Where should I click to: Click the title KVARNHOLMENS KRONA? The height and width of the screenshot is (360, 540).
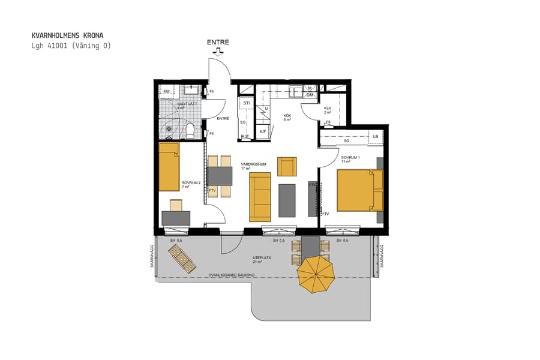pyautogui.click(x=63, y=35)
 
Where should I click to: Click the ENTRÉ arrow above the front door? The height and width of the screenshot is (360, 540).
pyautogui.click(x=217, y=52)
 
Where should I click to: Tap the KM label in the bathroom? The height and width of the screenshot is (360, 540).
pyautogui.click(x=166, y=91)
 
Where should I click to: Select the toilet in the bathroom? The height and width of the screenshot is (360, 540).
pyautogui.click(x=190, y=130)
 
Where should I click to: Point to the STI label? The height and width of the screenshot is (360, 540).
pyautogui.click(x=246, y=104)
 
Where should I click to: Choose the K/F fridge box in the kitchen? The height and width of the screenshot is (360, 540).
pyautogui.click(x=263, y=131)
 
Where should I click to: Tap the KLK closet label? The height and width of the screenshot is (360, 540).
pyautogui.click(x=328, y=109)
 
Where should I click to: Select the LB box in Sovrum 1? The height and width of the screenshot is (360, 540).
pyautogui.click(x=376, y=136)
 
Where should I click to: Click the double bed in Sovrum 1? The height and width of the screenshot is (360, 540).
pyautogui.click(x=359, y=190)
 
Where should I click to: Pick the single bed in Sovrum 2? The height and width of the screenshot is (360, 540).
pyautogui.click(x=169, y=167)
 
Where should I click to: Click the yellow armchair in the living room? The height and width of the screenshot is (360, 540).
pyautogui.click(x=287, y=166)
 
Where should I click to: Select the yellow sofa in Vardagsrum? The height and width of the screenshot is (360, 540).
pyautogui.click(x=260, y=197)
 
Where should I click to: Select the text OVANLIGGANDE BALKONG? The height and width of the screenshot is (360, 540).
pyautogui.click(x=232, y=275)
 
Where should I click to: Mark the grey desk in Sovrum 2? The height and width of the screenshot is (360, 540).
pyautogui.click(x=176, y=218)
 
